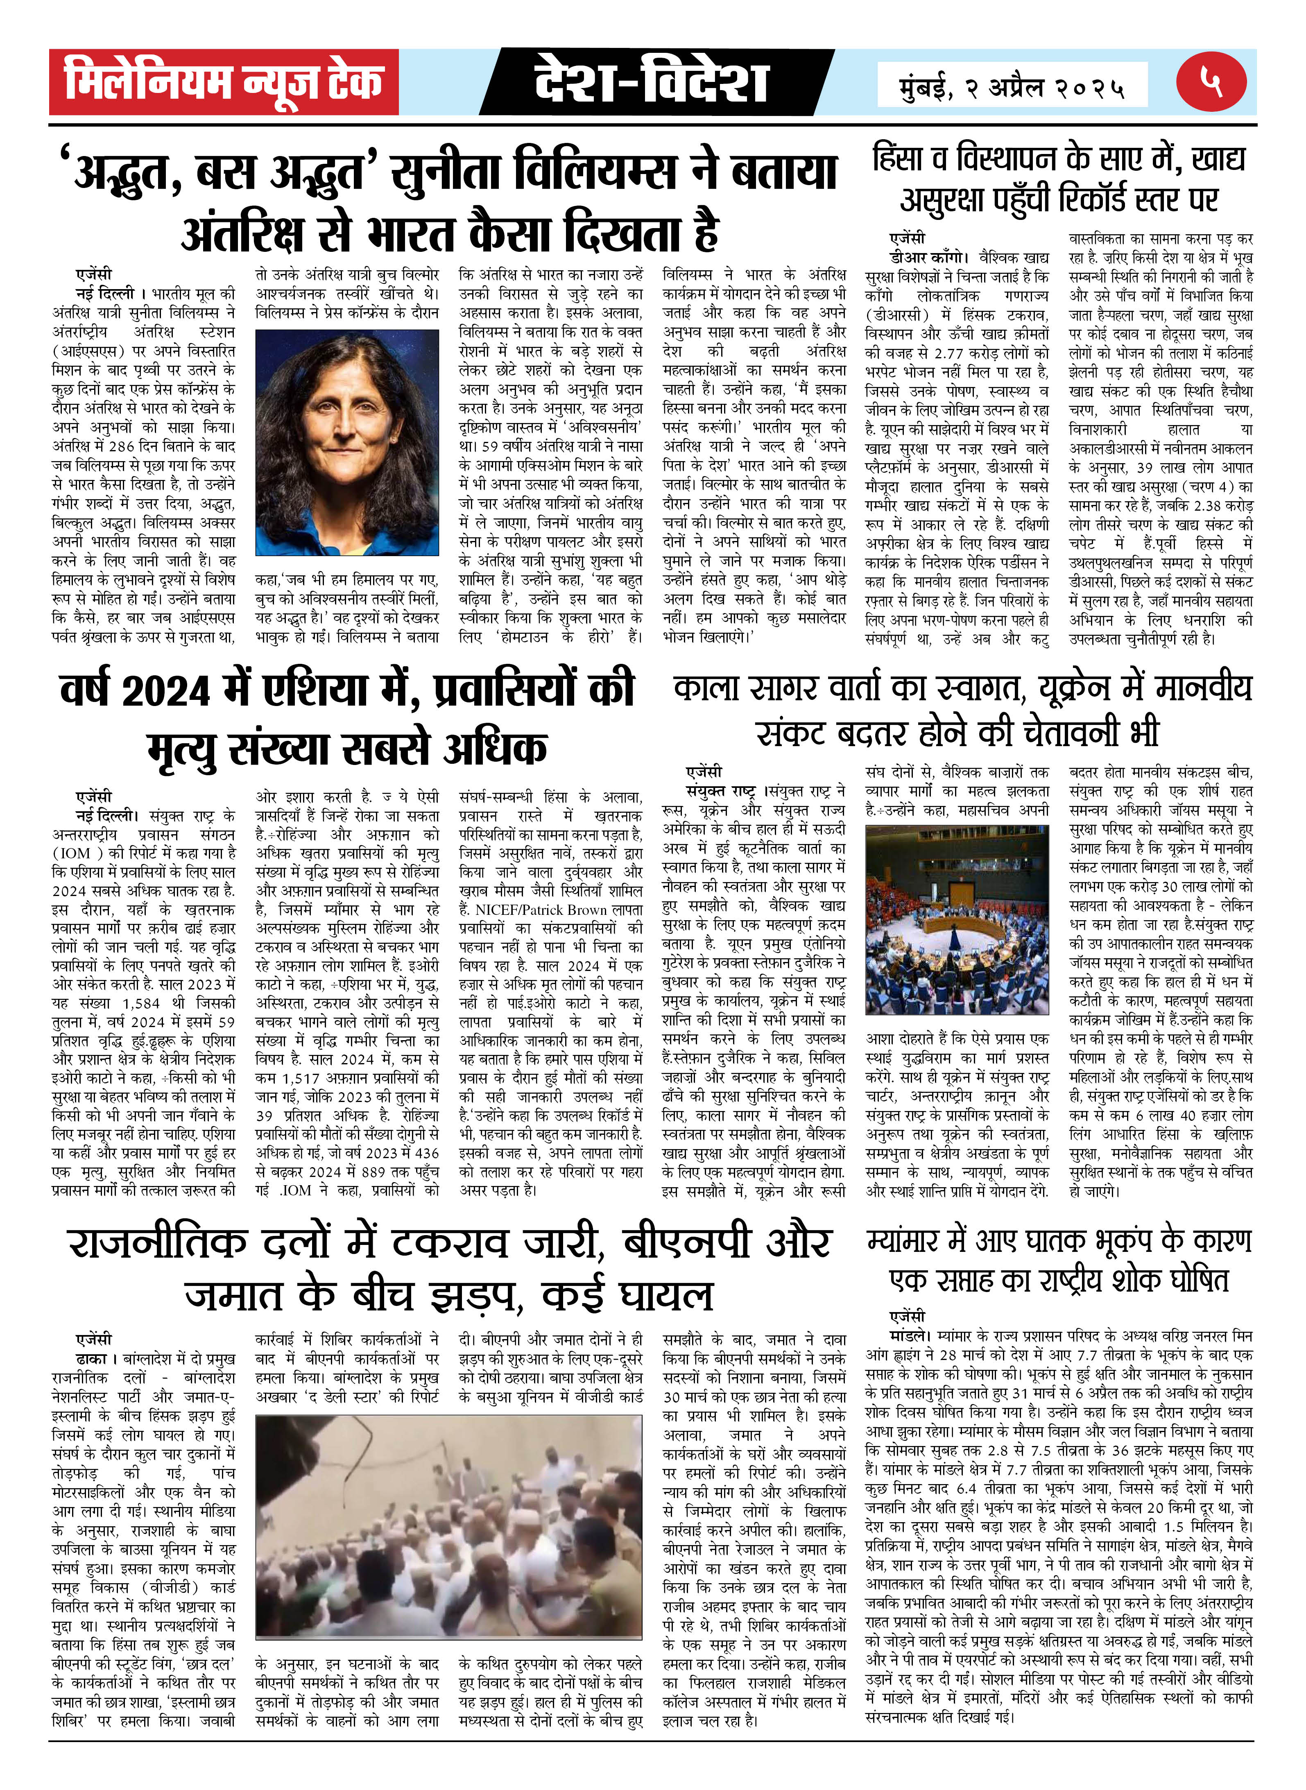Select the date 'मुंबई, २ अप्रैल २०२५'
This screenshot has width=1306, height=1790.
[1012, 86]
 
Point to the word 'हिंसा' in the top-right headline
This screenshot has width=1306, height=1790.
[905, 158]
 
